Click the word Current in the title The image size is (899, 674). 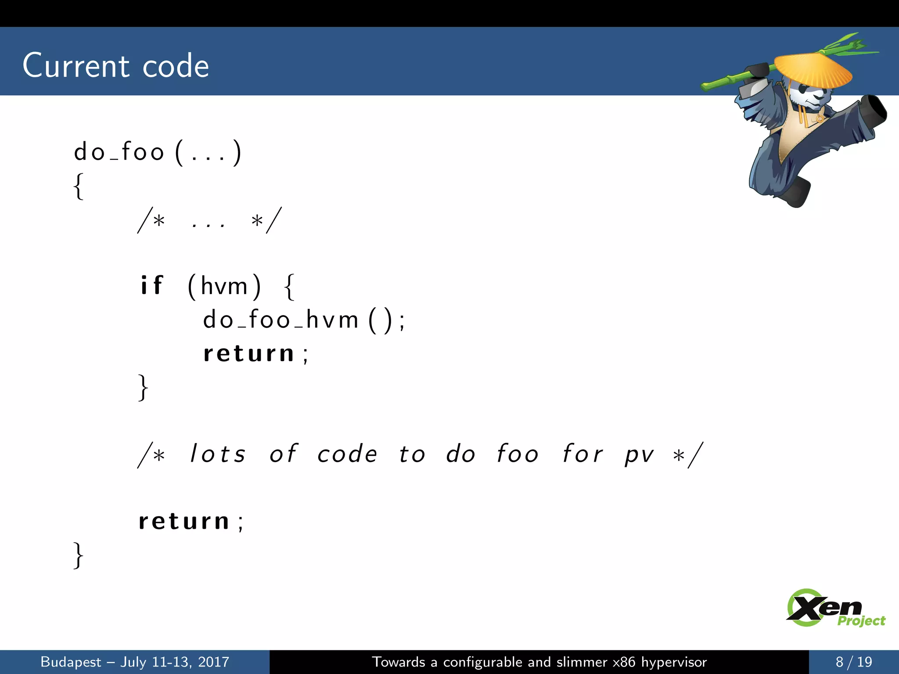pyautogui.click(x=76, y=66)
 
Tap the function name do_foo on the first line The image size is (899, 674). pyautogui.click(x=119, y=152)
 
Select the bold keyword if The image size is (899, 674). pyautogui.click(x=151, y=286)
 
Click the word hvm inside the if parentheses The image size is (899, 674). pyautogui.click(x=224, y=287)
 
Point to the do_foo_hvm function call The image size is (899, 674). pyautogui.click(x=281, y=319)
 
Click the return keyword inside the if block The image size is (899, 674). pyautogui.click(x=248, y=354)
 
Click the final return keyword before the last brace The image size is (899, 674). pyautogui.click(x=184, y=521)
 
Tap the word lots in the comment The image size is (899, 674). pyautogui.click(x=217, y=454)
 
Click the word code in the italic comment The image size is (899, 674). pyautogui.click(x=347, y=454)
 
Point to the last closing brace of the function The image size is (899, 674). pyautogui.click(x=78, y=556)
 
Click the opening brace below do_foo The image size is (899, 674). pyautogui.click(x=78, y=186)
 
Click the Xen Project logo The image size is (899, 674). pyautogui.click(x=834, y=608)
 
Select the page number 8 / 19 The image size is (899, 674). pyautogui.click(x=853, y=662)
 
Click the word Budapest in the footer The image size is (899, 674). pyautogui.click(x=71, y=662)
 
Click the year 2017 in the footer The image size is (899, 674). pyautogui.click(x=213, y=662)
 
